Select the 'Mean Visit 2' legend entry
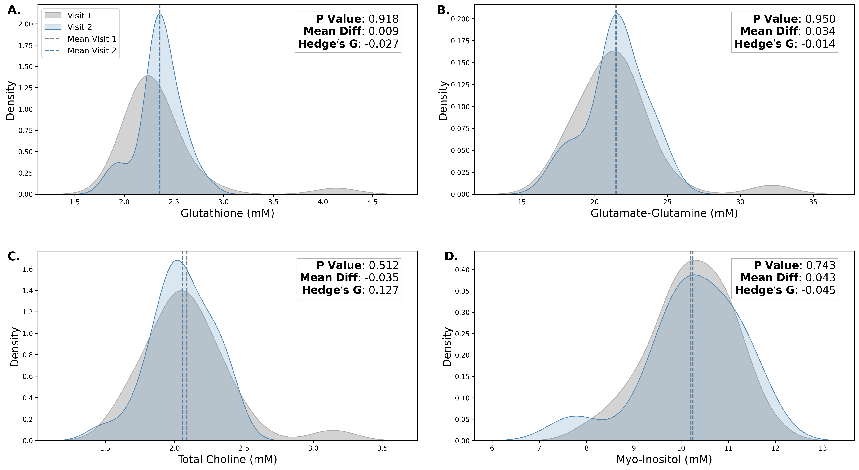(x=92, y=51)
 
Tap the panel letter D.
(x=451, y=256)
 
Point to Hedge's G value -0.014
(x=785, y=44)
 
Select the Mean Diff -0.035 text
(x=349, y=278)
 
